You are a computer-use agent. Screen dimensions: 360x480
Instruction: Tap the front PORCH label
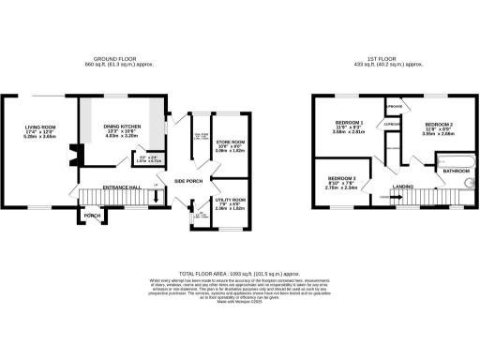[92, 215]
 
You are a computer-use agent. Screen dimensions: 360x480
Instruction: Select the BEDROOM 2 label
[439, 124]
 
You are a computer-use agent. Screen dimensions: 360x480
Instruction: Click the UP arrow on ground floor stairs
[154, 196]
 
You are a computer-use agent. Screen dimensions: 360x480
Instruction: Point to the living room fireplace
[74, 150]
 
